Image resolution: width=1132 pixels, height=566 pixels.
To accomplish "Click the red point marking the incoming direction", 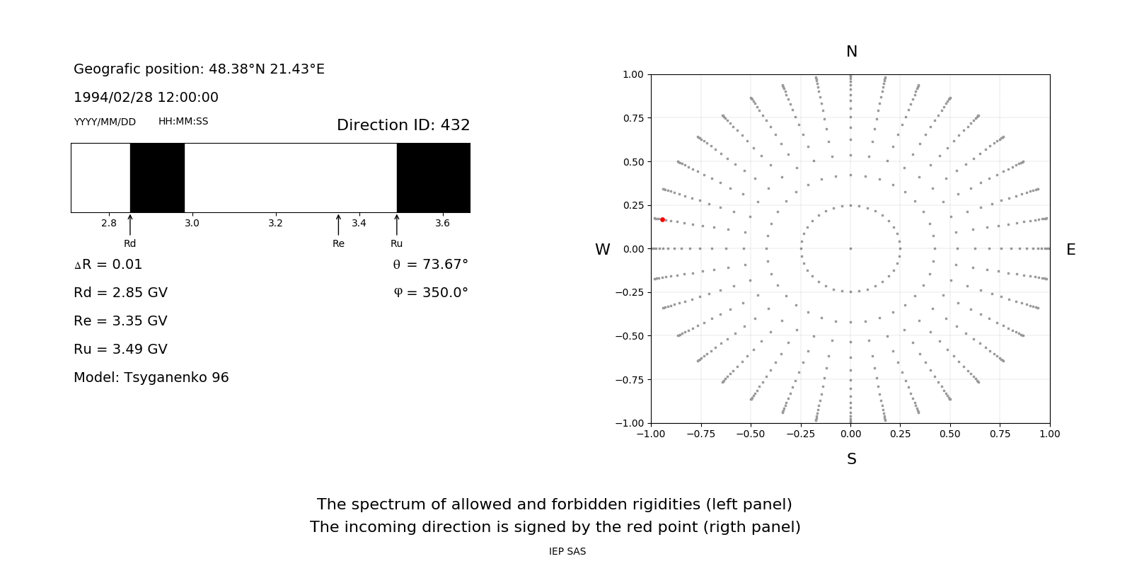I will pyautogui.click(x=662, y=220).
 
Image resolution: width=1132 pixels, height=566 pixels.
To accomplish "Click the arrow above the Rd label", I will pyautogui.click(x=130, y=224).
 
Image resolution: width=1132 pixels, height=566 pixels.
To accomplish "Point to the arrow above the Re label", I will pyautogui.click(x=338, y=224).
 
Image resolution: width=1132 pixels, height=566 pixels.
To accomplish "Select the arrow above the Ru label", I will pyautogui.click(x=397, y=224).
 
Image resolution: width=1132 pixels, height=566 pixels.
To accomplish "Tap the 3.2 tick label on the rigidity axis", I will pyautogui.click(x=275, y=223).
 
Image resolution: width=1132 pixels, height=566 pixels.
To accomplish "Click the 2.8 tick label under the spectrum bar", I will pyautogui.click(x=109, y=223).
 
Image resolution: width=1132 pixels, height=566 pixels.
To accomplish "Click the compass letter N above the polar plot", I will pyautogui.click(x=852, y=52).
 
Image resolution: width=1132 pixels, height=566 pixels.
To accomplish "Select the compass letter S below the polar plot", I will pyautogui.click(x=852, y=459).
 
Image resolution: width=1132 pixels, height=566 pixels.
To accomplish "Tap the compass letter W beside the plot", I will pyautogui.click(x=602, y=250).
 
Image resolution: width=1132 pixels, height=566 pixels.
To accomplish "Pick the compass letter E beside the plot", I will pyautogui.click(x=1070, y=250).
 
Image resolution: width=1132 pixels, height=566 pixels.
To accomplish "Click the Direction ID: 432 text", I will pyautogui.click(x=403, y=125).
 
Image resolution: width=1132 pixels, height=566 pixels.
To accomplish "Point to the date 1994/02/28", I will pyautogui.click(x=110, y=98).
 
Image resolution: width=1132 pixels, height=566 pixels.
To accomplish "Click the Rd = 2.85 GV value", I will pyautogui.click(x=120, y=293).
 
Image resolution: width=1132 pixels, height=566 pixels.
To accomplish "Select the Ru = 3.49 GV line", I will pyautogui.click(x=120, y=350).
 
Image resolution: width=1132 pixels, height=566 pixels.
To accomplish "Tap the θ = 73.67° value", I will pyautogui.click(x=430, y=265).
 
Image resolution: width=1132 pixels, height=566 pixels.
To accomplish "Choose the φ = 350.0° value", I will pyautogui.click(x=431, y=293).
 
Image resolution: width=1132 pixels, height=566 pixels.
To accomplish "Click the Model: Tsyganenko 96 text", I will pyautogui.click(x=151, y=378).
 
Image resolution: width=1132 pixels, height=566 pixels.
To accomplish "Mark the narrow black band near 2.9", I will pyautogui.click(x=157, y=178).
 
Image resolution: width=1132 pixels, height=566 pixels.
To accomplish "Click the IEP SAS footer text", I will pyautogui.click(x=567, y=551).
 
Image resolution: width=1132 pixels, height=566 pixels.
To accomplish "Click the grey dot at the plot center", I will pyautogui.click(x=850, y=248).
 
